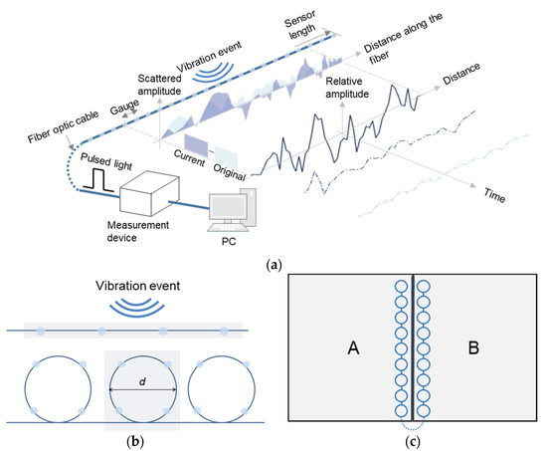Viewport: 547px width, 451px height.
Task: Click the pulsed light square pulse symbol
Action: click(x=99, y=179)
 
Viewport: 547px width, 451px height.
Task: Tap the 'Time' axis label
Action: click(x=493, y=197)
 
